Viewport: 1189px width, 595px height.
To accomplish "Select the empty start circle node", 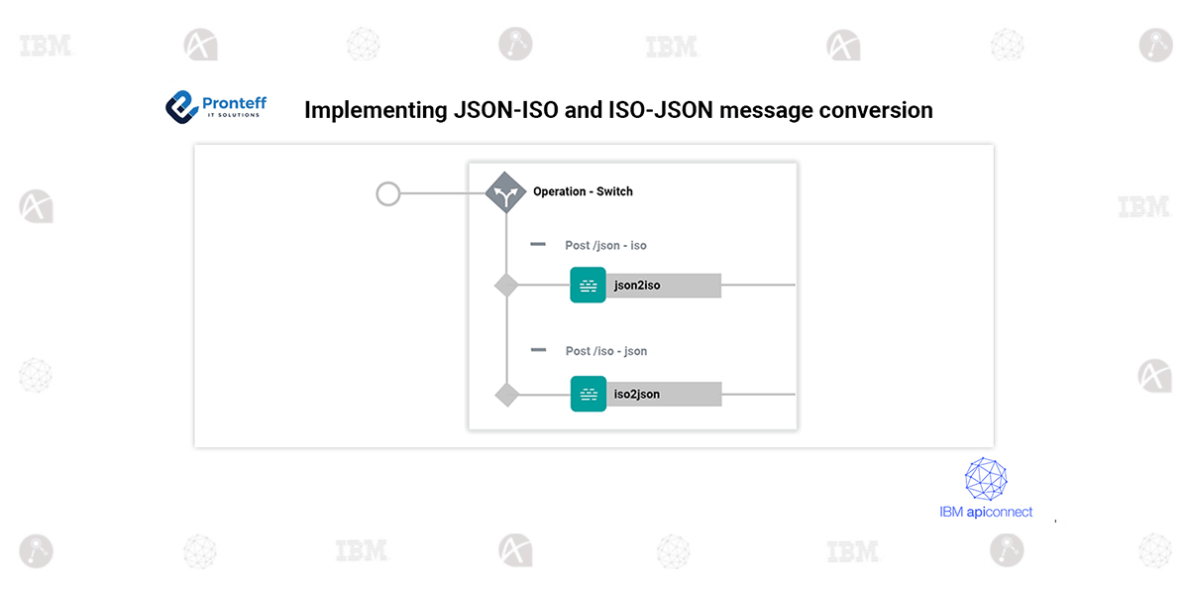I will [388, 193].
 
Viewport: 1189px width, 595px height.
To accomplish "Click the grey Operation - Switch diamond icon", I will [505, 192].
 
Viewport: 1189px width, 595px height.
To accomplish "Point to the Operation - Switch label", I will [583, 191].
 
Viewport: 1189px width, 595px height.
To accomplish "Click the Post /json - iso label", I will [605, 245].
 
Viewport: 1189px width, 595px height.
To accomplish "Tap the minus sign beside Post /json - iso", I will [538, 244].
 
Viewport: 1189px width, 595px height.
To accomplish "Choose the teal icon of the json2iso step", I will [588, 286].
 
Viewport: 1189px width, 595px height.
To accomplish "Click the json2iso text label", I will [637, 286].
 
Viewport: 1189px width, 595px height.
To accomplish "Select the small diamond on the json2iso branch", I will [506, 286].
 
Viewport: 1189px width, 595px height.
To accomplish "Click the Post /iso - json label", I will [605, 351].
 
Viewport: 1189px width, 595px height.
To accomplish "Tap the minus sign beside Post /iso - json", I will [538, 350].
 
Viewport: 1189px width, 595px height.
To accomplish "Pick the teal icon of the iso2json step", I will [588, 394].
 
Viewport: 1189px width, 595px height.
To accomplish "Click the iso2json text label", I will [637, 394].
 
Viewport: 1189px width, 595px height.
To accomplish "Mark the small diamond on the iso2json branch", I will [506, 394].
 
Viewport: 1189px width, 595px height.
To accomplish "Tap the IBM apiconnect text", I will [986, 513].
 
